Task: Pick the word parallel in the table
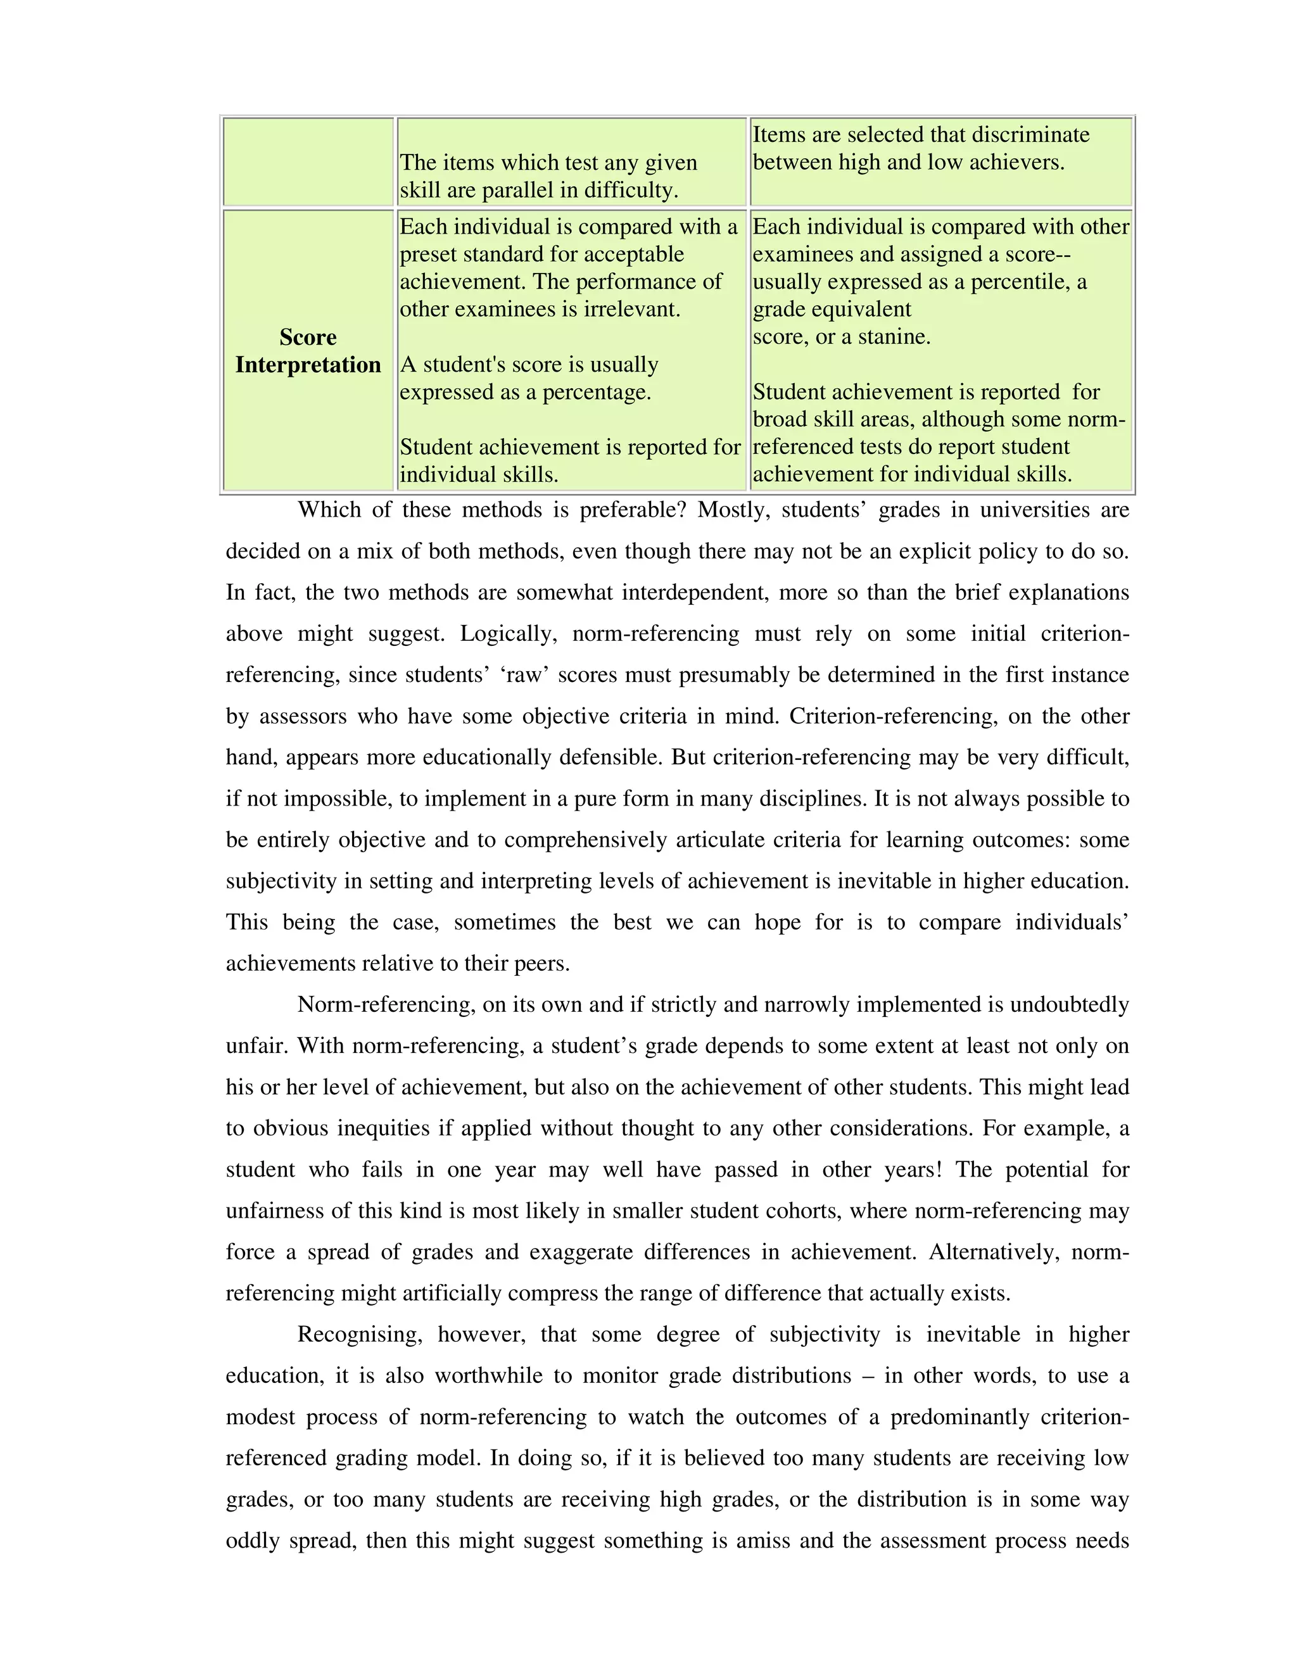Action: click(529, 191)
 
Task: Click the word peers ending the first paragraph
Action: click(540, 964)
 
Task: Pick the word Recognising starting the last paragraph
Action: click(360, 1335)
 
